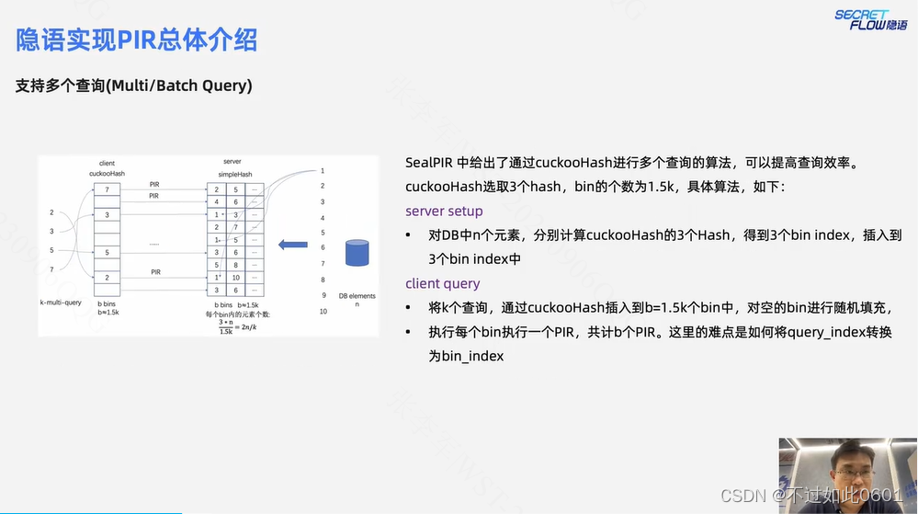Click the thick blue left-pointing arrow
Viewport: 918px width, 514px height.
293,244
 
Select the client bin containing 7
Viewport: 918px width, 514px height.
107,189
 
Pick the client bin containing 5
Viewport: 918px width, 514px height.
107,252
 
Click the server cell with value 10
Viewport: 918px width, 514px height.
236,277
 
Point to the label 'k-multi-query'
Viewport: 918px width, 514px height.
61,303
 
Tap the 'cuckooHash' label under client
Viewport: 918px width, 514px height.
107,174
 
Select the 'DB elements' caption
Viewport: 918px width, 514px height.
357,295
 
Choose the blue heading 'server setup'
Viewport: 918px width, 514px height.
444,211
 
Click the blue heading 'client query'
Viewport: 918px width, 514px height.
443,283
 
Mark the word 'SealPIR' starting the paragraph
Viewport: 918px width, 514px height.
431,163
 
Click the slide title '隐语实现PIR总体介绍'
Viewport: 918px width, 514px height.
136,40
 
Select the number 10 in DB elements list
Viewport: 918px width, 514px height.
323,312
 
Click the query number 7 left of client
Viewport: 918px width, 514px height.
51,269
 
